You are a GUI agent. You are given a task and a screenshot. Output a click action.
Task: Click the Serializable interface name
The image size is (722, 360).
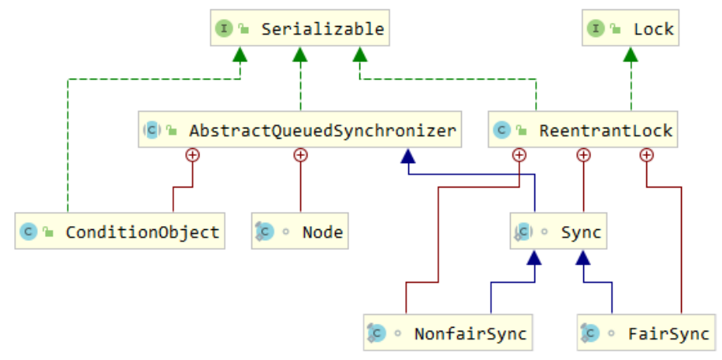(322, 29)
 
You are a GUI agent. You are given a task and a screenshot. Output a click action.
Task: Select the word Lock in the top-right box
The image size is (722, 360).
(653, 29)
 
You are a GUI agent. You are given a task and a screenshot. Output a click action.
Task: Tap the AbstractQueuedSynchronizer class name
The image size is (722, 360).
(322, 130)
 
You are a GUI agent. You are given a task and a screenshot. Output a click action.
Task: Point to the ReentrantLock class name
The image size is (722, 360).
(605, 130)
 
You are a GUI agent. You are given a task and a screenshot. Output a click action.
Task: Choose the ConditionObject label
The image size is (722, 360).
(142, 232)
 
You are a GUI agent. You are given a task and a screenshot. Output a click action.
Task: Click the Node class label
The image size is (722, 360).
(322, 232)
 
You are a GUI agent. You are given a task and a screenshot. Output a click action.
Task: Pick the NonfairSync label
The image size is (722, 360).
(471, 333)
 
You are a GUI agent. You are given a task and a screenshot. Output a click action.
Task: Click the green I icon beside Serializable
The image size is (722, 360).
(225, 29)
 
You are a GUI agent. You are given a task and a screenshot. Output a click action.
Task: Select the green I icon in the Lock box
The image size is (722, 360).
(596, 29)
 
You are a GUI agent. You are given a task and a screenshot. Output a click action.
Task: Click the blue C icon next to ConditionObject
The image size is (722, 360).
(29, 232)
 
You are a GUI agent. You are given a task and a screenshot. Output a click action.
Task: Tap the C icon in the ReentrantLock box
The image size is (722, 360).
(501, 130)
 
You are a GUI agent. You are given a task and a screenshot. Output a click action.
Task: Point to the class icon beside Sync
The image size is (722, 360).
(522, 232)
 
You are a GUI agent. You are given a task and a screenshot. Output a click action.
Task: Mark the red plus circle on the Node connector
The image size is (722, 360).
(300, 155)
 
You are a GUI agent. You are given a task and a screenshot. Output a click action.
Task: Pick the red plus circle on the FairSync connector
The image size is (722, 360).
(647, 155)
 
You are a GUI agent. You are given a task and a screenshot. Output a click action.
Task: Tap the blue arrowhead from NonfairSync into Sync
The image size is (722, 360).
(534, 257)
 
